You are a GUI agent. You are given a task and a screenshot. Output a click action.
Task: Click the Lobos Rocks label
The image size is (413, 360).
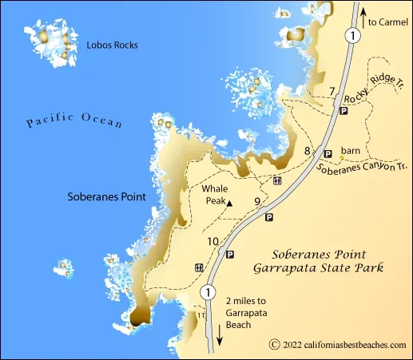[112, 45]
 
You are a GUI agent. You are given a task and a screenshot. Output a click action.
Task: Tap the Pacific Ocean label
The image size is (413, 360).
[73, 121]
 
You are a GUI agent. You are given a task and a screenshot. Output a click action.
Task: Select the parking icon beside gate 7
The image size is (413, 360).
[344, 112]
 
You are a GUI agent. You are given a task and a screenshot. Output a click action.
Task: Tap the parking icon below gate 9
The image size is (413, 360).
[268, 216]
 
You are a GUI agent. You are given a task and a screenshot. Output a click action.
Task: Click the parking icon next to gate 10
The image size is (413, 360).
[230, 255]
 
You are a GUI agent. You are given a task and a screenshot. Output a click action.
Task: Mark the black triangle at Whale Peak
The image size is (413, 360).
[228, 204]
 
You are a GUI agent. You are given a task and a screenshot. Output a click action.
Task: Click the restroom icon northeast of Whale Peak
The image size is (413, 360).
[276, 180]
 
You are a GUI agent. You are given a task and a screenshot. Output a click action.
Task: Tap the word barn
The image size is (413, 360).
[351, 149]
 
